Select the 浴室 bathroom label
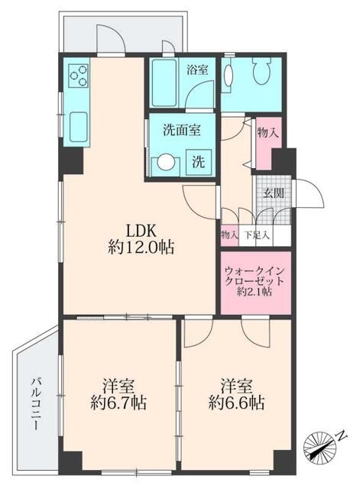[x=197, y=70]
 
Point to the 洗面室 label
[x=182, y=130]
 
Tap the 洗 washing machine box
[x=197, y=163]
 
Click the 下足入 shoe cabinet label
[x=256, y=235]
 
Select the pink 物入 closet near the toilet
[x=267, y=141]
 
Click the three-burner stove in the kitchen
[x=79, y=76]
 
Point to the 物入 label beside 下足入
[x=229, y=235]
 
